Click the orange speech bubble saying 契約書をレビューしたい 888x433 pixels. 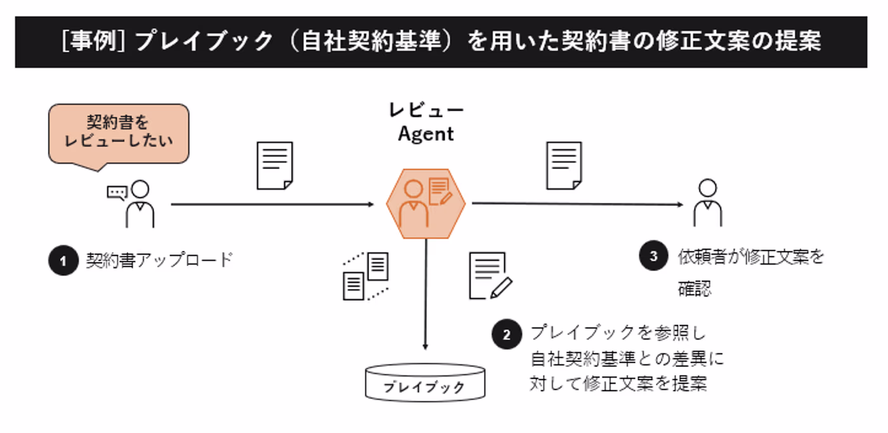(119, 132)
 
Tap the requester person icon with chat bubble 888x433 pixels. (132, 204)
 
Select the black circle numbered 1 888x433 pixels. (62, 261)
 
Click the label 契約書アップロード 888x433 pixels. (160, 260)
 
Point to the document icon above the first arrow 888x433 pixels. (275, 166)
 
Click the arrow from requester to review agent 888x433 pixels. (273, 204)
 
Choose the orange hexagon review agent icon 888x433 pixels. (426, 203)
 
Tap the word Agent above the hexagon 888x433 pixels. (426, 135)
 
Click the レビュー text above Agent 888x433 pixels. (426, 110)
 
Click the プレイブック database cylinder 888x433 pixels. (425, 383)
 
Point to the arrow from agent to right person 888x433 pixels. (577, 204)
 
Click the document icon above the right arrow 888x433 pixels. (564, 166)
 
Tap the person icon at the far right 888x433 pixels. (707, 203)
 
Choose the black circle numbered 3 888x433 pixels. (653, 257)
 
